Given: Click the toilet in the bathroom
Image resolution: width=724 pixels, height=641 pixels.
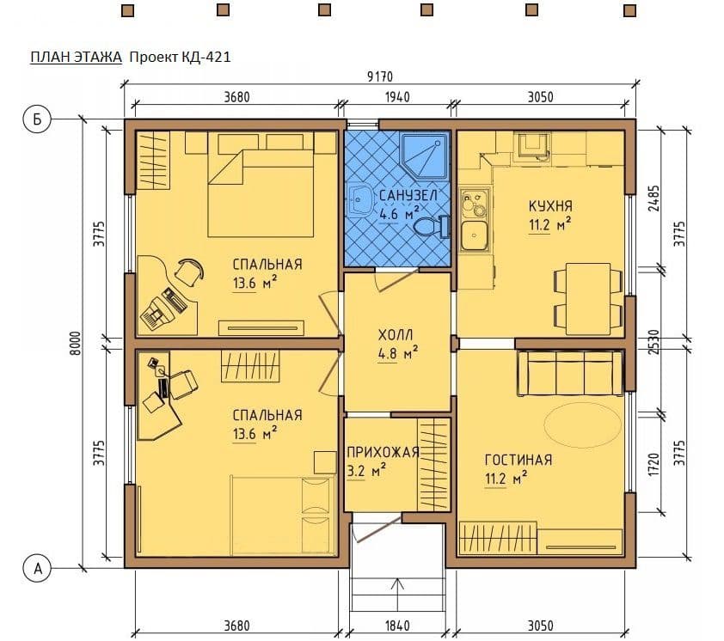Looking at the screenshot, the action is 432,227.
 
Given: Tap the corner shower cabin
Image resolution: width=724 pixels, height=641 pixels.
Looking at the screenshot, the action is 424,156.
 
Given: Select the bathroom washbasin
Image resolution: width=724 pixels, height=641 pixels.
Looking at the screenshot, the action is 359,200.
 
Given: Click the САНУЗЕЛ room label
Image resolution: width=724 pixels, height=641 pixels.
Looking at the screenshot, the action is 408,195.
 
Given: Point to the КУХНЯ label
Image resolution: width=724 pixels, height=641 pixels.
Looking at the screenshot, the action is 550,206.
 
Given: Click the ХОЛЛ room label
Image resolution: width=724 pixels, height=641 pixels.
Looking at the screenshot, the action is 396,334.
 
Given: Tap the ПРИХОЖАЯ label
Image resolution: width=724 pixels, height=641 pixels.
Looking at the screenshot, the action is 383,452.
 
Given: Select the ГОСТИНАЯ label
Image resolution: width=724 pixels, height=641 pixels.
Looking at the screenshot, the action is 518,460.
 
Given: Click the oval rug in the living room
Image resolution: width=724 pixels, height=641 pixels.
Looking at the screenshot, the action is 583,425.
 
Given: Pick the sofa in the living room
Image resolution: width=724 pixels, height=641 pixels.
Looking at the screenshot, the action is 570,373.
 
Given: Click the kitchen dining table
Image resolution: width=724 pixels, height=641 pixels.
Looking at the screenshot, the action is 588,298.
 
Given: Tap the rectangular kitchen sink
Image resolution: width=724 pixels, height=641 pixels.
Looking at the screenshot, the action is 474,235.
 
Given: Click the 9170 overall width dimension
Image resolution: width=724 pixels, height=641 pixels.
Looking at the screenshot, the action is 380,76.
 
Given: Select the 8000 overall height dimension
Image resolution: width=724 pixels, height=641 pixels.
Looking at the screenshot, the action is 77,344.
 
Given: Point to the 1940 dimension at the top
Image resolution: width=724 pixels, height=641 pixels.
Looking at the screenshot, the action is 397,97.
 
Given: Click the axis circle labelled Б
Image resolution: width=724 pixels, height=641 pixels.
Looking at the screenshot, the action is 37,119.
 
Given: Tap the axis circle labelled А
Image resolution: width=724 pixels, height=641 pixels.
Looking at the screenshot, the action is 37,568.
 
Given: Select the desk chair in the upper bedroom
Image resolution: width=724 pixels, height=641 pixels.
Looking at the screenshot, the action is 189,272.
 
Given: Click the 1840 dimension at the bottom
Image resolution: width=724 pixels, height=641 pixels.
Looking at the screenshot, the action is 397,626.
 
